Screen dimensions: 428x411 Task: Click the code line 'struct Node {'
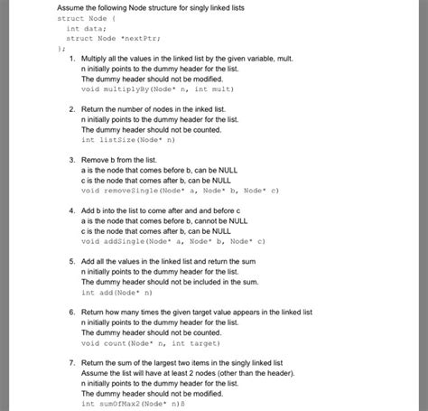point(85,17)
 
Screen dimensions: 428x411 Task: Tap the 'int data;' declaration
point(88,28)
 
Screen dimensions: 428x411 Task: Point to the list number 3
point(71,159)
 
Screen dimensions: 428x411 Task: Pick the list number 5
point(71,260)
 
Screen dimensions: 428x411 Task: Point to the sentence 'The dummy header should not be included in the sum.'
point(173,282)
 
